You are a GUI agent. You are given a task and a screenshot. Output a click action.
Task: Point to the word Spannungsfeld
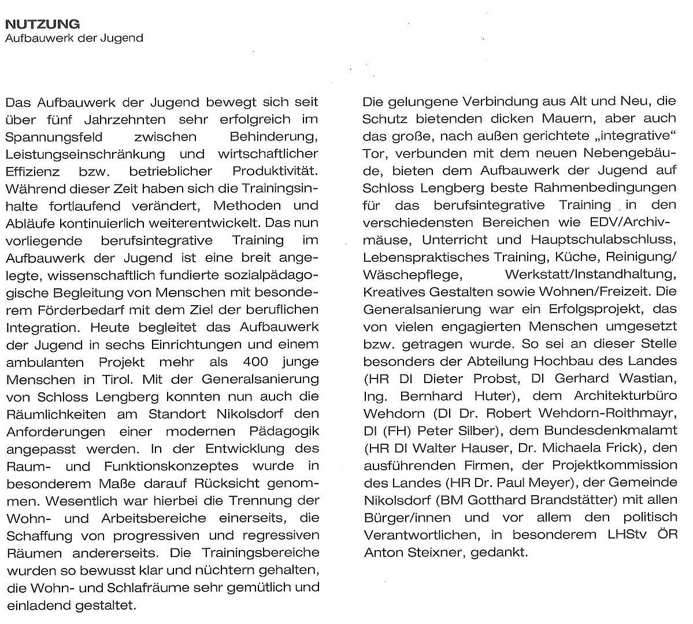click(45, 138)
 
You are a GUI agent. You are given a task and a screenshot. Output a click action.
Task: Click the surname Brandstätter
click(542, 500)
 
